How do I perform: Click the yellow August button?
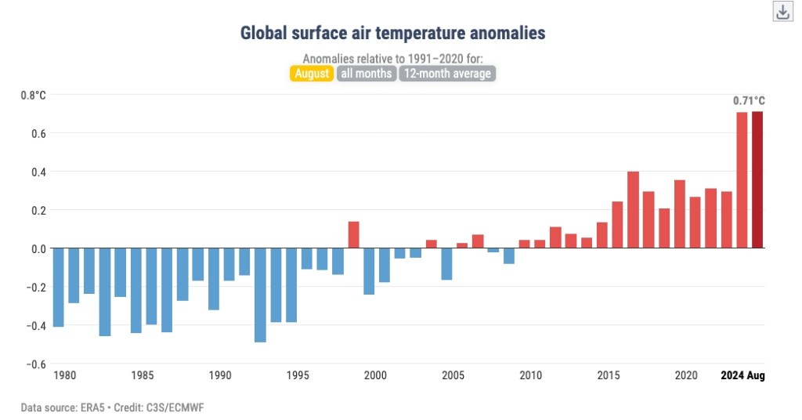coord(312,74)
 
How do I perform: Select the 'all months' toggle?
coord(366,74)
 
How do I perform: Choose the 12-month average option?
coord(447,74)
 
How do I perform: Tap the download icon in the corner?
coord(782,12)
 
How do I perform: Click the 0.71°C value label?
coord(748,100)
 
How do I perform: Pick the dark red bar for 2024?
coord(757,179)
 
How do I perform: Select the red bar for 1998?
coord(353,234)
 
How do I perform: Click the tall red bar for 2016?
coord(633,209)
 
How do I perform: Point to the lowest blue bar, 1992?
coord(260,295)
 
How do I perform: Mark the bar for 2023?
coord(742,180)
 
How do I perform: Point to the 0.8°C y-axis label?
coord(34,96)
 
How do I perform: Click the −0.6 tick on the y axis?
coord(35,364)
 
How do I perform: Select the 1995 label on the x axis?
coord(298,375)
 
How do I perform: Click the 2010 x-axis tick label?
coord(531,375)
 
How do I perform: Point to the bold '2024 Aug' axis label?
coord(742,375)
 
